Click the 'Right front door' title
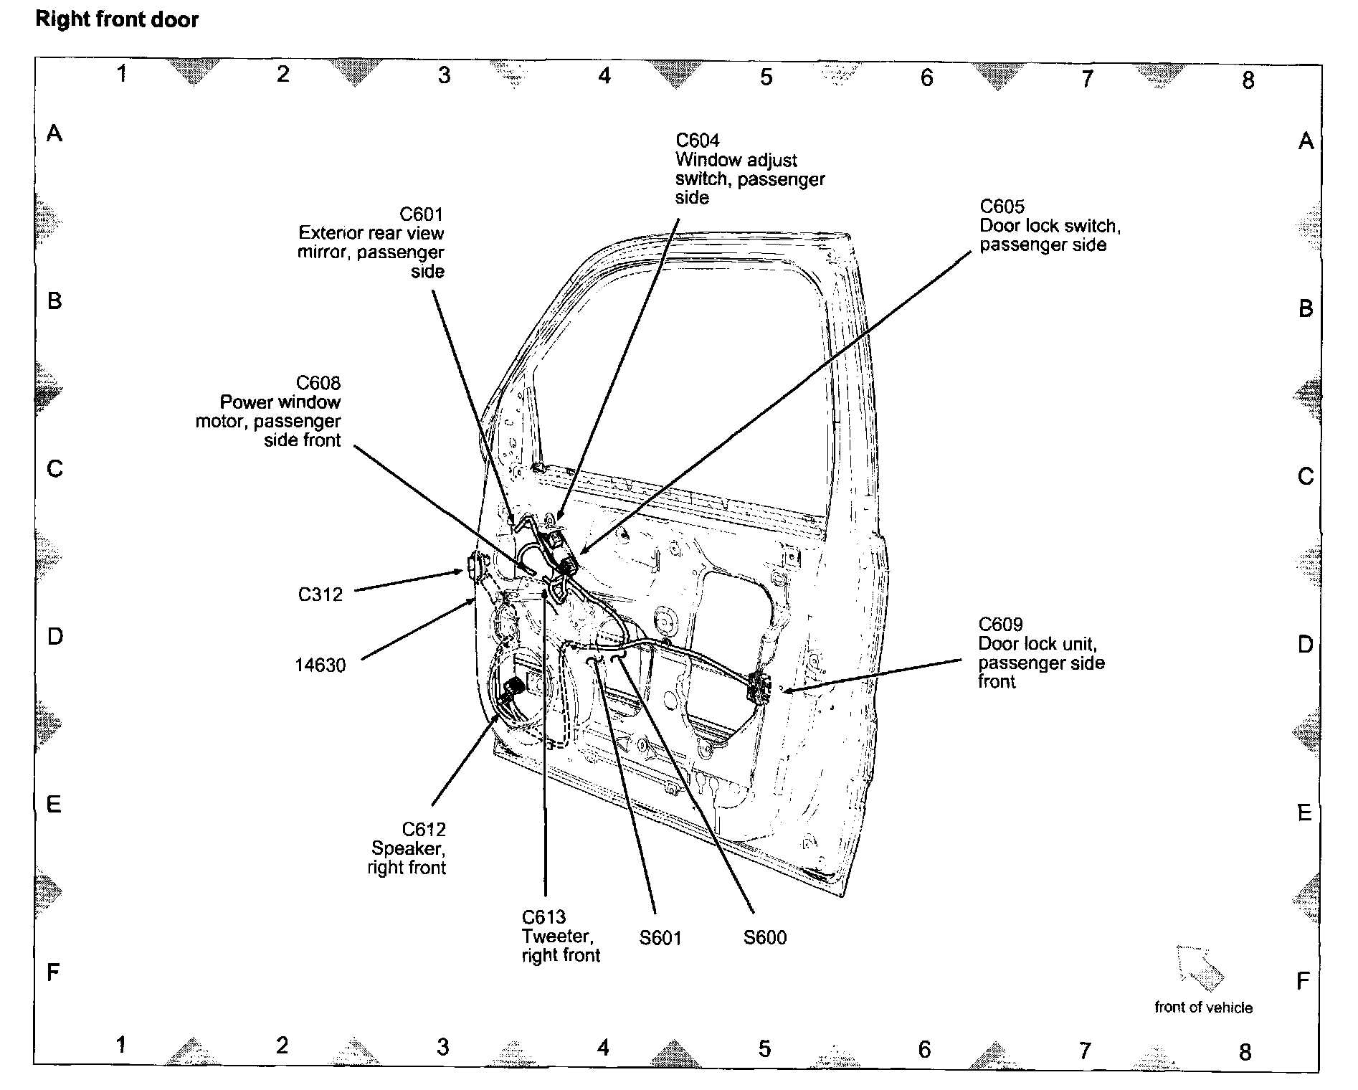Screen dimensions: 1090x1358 [117, 19]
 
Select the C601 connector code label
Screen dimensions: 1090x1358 [422, 214]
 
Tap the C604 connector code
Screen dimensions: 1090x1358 [697, 140]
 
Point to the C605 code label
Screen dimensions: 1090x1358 [1002, 207]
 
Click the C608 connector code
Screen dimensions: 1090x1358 [318, 383]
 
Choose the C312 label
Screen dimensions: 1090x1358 [320, 594]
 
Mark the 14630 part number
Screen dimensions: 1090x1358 [320, 665]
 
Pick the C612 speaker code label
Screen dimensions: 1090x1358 [424, 830]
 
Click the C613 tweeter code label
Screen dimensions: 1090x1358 [543, 917]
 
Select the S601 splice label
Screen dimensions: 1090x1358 [660, 938]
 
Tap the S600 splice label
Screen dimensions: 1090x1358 [765, 938]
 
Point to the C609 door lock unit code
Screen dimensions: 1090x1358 [1000, 625]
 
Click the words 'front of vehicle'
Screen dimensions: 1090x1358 [1203, 1008]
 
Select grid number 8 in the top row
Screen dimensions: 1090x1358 [1248, 80]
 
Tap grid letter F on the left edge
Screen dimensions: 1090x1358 [53, 973]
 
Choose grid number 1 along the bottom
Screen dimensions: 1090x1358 [121, 1045]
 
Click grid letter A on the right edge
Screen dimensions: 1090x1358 [1306, 141]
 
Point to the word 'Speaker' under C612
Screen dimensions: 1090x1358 [408, 848]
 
